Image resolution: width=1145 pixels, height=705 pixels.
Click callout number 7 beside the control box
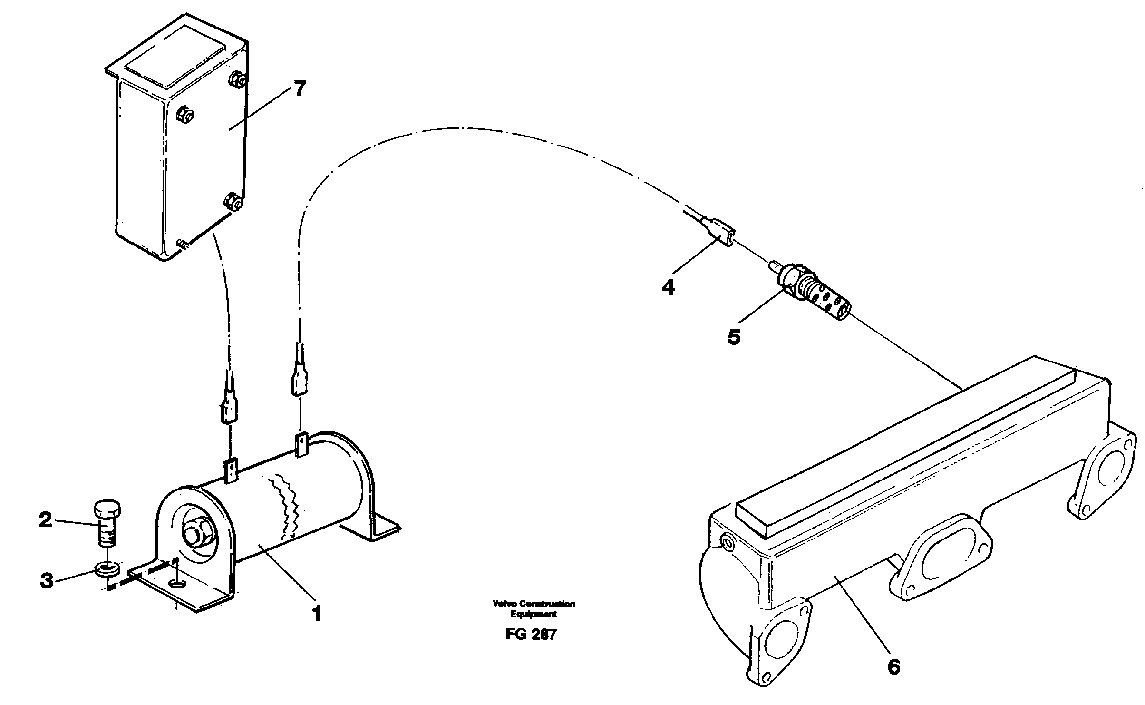(x=299, y=89)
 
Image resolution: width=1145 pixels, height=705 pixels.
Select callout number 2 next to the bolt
(x=45, y=519)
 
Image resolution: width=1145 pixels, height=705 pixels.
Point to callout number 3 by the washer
(x=46, y=580)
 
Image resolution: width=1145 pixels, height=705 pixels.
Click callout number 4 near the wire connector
(x=668, y=287)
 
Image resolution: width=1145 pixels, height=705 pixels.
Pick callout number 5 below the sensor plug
(x=734, y=337)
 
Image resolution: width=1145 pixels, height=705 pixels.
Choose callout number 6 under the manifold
(x=893, y=667)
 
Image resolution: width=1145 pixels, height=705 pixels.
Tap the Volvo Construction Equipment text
(x=534, y=609)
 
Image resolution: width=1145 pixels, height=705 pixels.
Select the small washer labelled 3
(x=108, y=568)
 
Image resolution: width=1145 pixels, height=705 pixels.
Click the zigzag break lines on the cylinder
(x=286, y=504)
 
